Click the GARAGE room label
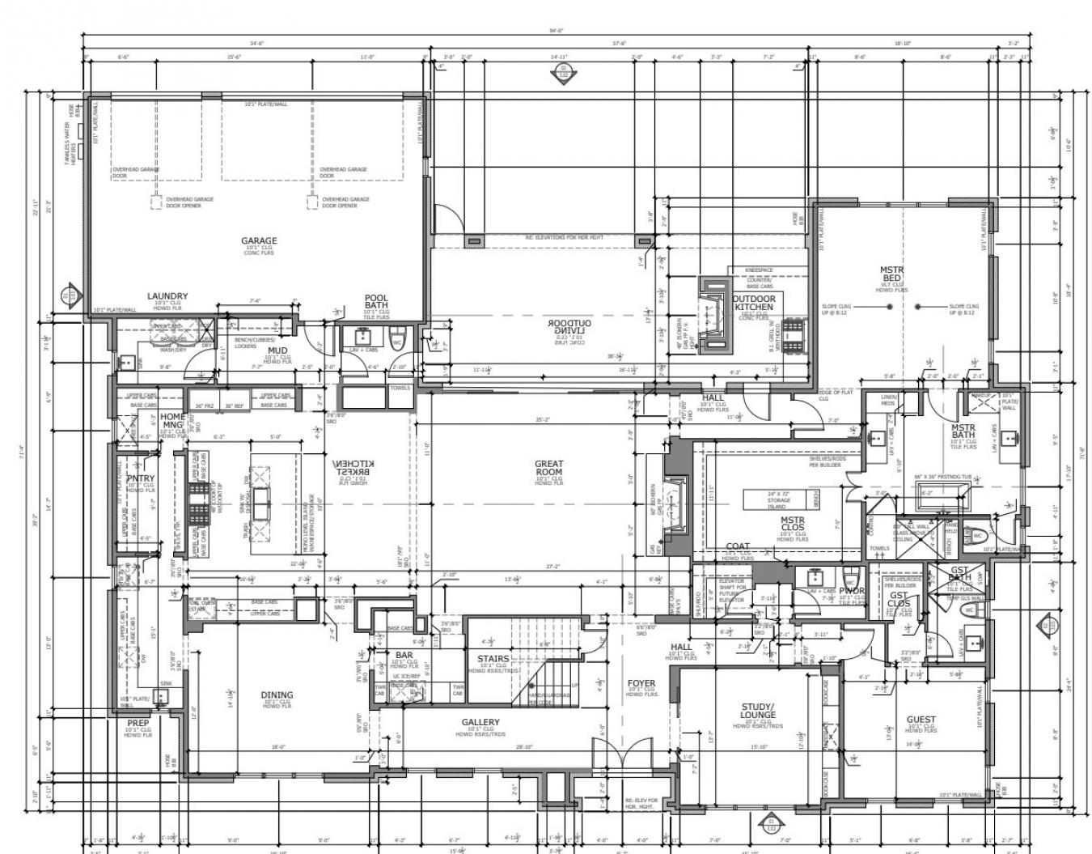pyautogui.click(x=259, y=240)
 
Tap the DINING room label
pyautogui.click(x=277, y=695)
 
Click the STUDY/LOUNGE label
pyautogui.click(x=757, y=711)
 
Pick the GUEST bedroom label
pyautogui.click(x=921, y=719)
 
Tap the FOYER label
pyautogui.click(x=641, y=684)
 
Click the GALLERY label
pyautogui.click(x=480, y=722)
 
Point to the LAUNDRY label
pyautogui.click(x=167, y=296)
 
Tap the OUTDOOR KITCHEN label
pyautogui.click(x=754, y=303)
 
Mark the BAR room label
pyautogui.click(x=404, y=655)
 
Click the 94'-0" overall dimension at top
pyautogui.click(x=555, y=31)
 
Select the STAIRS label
pyautogui.click(x=493, y=659)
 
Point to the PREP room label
pyautogui.click(x=138, y=723)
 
